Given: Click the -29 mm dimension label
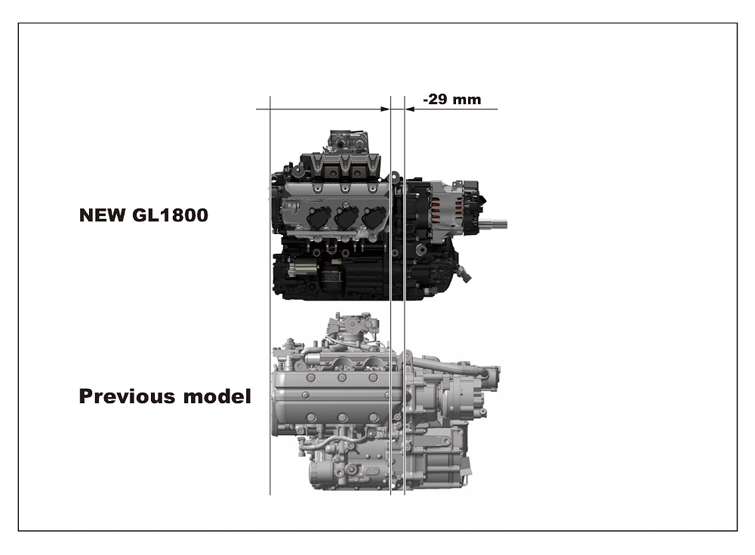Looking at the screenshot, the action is (x=451, y=99).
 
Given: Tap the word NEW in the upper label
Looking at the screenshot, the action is (x=103, y=215).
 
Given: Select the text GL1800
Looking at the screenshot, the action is (x=170, y=215).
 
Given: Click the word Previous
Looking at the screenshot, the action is (x=127, y=396).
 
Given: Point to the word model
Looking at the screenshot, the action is (x=217, y=396).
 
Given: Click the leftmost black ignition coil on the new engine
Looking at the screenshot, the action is (x=319, y=217).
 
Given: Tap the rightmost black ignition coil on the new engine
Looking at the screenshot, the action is (x=374, y=217).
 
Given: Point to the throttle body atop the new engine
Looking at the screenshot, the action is (x=349, y=141).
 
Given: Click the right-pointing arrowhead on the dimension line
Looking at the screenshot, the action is (x=385, y=109).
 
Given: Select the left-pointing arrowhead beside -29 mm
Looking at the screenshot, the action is (x=410, y=109).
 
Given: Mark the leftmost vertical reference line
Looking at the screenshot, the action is (x=270, y=295).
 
